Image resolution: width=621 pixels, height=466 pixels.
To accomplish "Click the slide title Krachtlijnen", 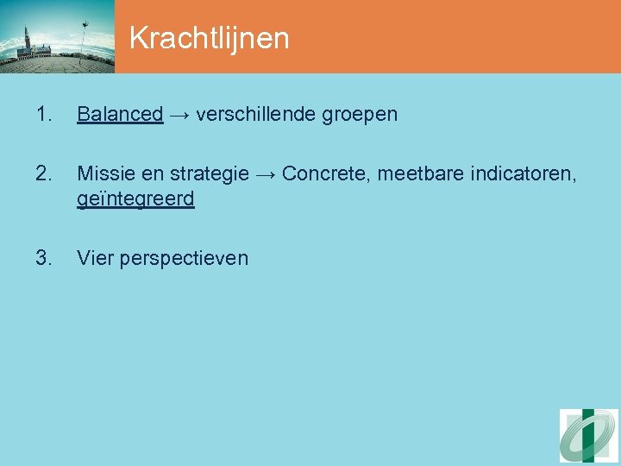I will tap(209, 38).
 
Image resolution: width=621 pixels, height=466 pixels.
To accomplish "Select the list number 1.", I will tap(45, 114).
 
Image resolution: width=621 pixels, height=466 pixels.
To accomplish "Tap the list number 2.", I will tap(45, 173).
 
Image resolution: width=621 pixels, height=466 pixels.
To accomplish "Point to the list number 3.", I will tap(45, 257).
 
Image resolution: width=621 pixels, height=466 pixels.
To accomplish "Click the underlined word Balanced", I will tap(120, 114).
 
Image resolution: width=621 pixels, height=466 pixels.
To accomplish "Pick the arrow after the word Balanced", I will tap(179, 114).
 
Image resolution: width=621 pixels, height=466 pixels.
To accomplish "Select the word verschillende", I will tap(251, 114).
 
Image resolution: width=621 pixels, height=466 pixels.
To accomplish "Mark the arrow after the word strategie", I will tap(265, 173).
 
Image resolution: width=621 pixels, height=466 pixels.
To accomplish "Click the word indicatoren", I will tap(517, 173).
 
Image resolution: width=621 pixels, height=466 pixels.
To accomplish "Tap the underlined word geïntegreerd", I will tap(135, 199).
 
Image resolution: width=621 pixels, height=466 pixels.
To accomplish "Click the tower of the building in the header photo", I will tap(27, 40).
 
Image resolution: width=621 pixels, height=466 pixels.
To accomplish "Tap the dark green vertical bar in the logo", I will tap(588, 436).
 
